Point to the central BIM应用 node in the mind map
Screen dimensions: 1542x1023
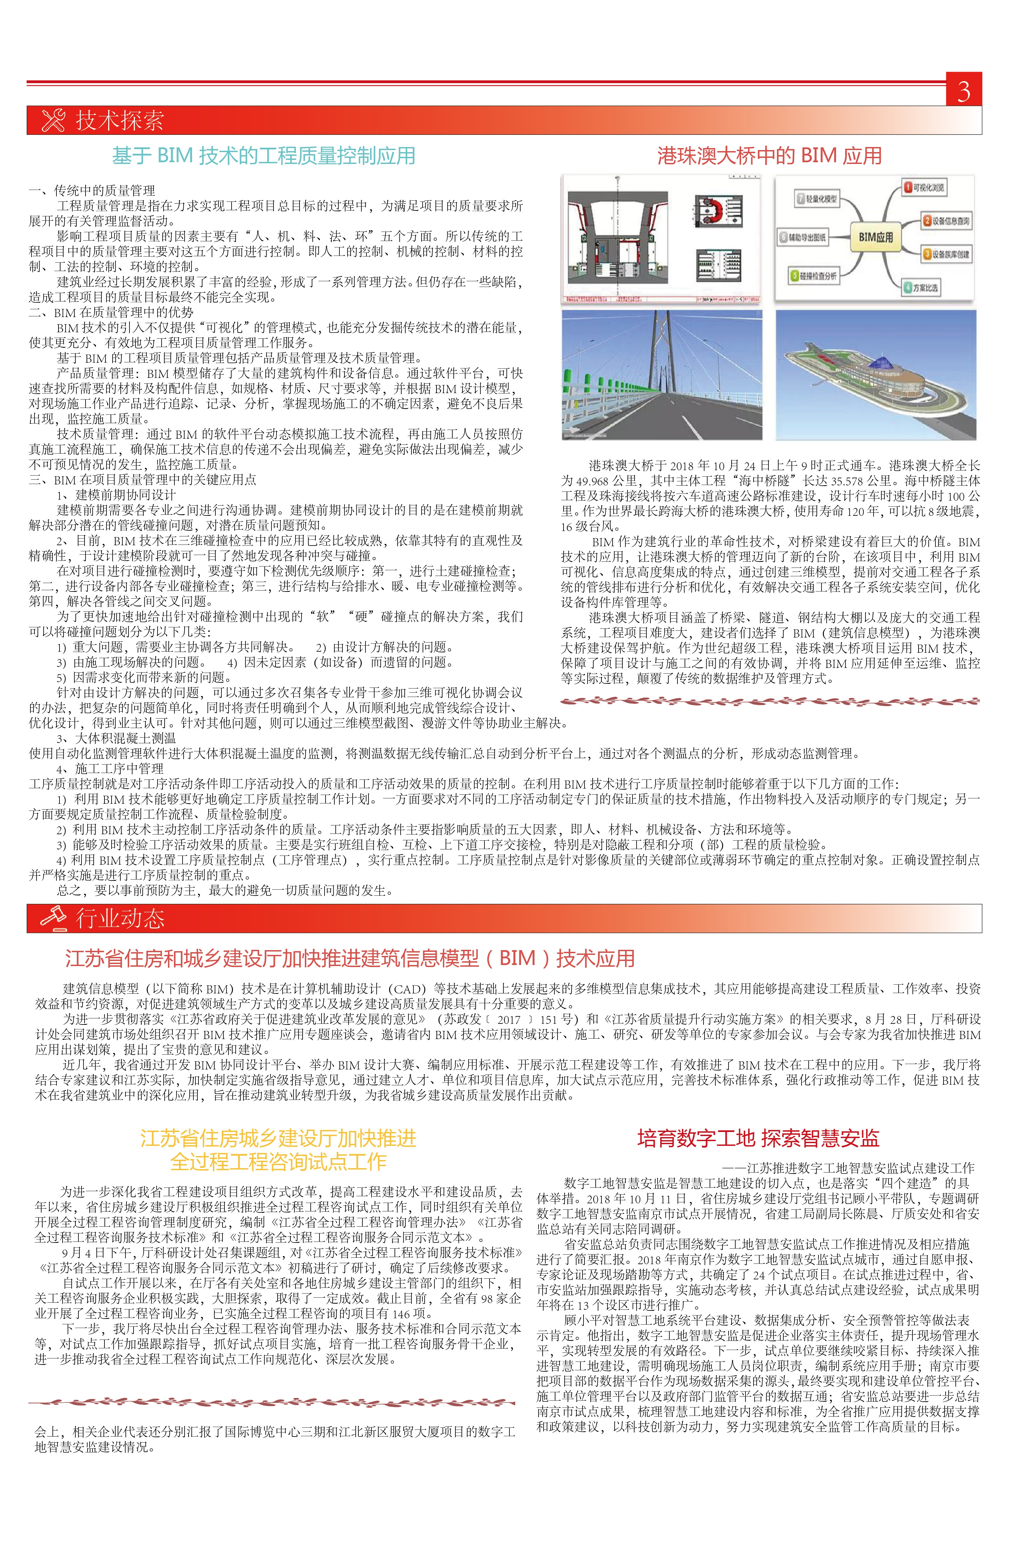coord(876,237)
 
